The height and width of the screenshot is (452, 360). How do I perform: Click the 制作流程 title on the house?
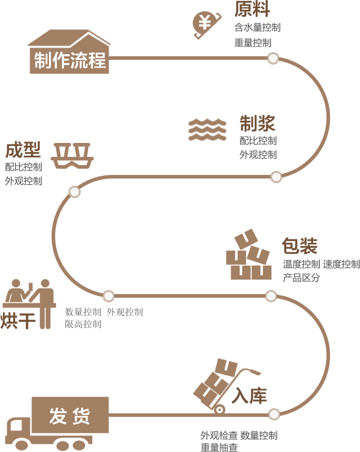pyautogui.click(x=70, y=60)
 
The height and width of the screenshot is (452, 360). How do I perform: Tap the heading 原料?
pyautogui.click(x=252, y=9)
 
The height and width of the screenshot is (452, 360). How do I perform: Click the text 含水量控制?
pyautogui.click(x=257, y=27)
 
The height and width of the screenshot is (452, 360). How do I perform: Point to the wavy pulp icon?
pyautogui.click(x=207, y=130)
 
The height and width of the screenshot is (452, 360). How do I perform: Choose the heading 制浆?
pyautogui.click(x=257, y=123)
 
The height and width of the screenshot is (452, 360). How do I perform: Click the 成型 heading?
pyautogui.click(x=23, y=150)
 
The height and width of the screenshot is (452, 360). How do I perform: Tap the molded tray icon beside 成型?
pyautogui.click(x=72, y=155)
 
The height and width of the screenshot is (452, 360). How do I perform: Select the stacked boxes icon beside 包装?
pyautogui.click(x=249, y=256)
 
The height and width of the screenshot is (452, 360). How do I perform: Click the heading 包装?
pyautogui.click(x=300, y=246)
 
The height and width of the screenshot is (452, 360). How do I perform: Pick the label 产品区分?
pyautogui.click(x=301, y=278)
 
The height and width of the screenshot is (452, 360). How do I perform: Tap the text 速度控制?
pyautogui.click(x=341, y=265)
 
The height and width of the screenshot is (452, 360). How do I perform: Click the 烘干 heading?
pyautogui.click(x=18, y=320)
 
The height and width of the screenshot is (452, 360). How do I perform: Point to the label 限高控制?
pyautogui.click(x=83, y=325)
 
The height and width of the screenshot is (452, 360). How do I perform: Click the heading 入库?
pyautogui.click(x=249, y=396)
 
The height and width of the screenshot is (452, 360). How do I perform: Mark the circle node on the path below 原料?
pyautogui.click(x=273, y=58)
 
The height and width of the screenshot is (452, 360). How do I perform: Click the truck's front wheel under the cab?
pyautogui.click(x=21, y=444)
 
